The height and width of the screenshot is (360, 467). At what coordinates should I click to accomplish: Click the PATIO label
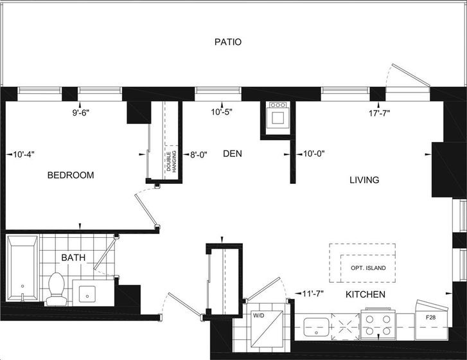click(228, 42)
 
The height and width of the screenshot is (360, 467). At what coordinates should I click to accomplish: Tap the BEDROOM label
click(71, 175)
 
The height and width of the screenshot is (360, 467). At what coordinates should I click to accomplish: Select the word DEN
click(233, 154)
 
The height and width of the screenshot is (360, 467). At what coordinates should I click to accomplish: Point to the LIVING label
click(364, 180)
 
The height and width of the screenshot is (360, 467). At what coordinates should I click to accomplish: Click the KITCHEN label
click(366, 294)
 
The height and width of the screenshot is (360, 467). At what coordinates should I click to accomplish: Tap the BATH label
click(73, 258)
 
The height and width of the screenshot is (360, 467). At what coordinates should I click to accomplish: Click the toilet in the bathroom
click(57, 289)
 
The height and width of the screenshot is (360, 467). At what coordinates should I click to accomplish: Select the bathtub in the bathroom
click(22, 268)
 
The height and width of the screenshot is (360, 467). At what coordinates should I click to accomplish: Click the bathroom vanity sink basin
click(87, 294)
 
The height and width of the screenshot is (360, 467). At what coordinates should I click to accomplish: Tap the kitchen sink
click(316, 327)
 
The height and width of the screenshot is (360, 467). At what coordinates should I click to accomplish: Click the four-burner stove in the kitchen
click(378, 325)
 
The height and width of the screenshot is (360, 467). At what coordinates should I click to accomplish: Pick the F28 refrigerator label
click(430, 318)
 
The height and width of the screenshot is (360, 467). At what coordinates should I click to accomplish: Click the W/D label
click(258, 316)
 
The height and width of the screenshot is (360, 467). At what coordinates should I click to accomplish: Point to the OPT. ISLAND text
click(368, 268)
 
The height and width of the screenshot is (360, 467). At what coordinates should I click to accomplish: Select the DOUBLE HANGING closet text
click(172, 161)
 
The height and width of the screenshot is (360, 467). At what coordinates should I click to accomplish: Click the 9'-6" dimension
click(81, 113)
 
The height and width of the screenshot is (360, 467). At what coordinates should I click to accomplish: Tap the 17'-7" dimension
click(380, 113)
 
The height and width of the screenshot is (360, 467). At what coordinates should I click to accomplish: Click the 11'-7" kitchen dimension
click(313, 294)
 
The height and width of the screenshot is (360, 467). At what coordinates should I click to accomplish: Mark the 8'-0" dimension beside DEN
click(198, 155)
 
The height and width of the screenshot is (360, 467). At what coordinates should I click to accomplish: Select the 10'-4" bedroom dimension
click(24, 154)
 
